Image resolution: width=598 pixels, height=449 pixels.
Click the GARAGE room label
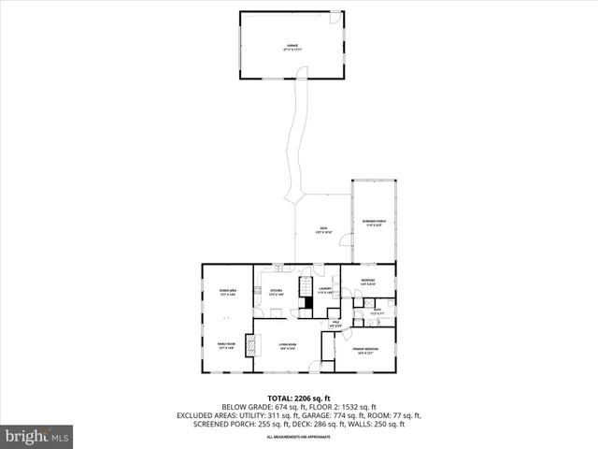291,47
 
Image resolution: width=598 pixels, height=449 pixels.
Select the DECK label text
323,229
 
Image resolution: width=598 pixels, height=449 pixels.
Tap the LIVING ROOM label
287,346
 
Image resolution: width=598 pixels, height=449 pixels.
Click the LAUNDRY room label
324,291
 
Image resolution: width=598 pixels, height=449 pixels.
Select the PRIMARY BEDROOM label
363,352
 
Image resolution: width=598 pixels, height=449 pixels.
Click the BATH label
377,311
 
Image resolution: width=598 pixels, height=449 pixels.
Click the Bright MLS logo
37,435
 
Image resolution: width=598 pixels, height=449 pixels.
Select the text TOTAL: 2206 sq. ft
299,398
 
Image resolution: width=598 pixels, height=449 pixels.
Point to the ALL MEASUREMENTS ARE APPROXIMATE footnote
299,437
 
